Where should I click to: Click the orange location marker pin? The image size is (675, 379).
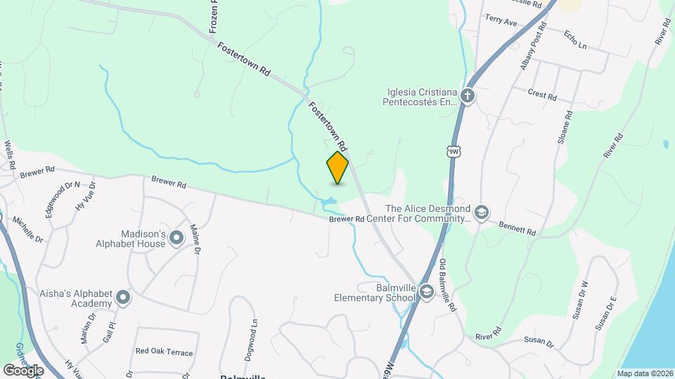click(337, 167)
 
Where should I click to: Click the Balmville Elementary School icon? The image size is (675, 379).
click(426, 292)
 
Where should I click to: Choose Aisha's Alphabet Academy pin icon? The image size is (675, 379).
click(123, 298)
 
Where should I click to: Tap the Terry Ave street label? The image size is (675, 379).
click(501, 22)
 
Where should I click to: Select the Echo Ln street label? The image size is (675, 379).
click(575, 39)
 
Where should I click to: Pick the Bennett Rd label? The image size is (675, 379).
click(517, 228)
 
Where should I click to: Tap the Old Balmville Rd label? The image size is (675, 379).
click(447, 286)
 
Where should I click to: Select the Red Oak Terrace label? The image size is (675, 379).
click(164, 352)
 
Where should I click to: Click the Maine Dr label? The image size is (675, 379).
click(196, 239)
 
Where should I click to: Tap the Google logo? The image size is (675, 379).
click(23, 370)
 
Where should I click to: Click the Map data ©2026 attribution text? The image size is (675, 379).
click(643, 373)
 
